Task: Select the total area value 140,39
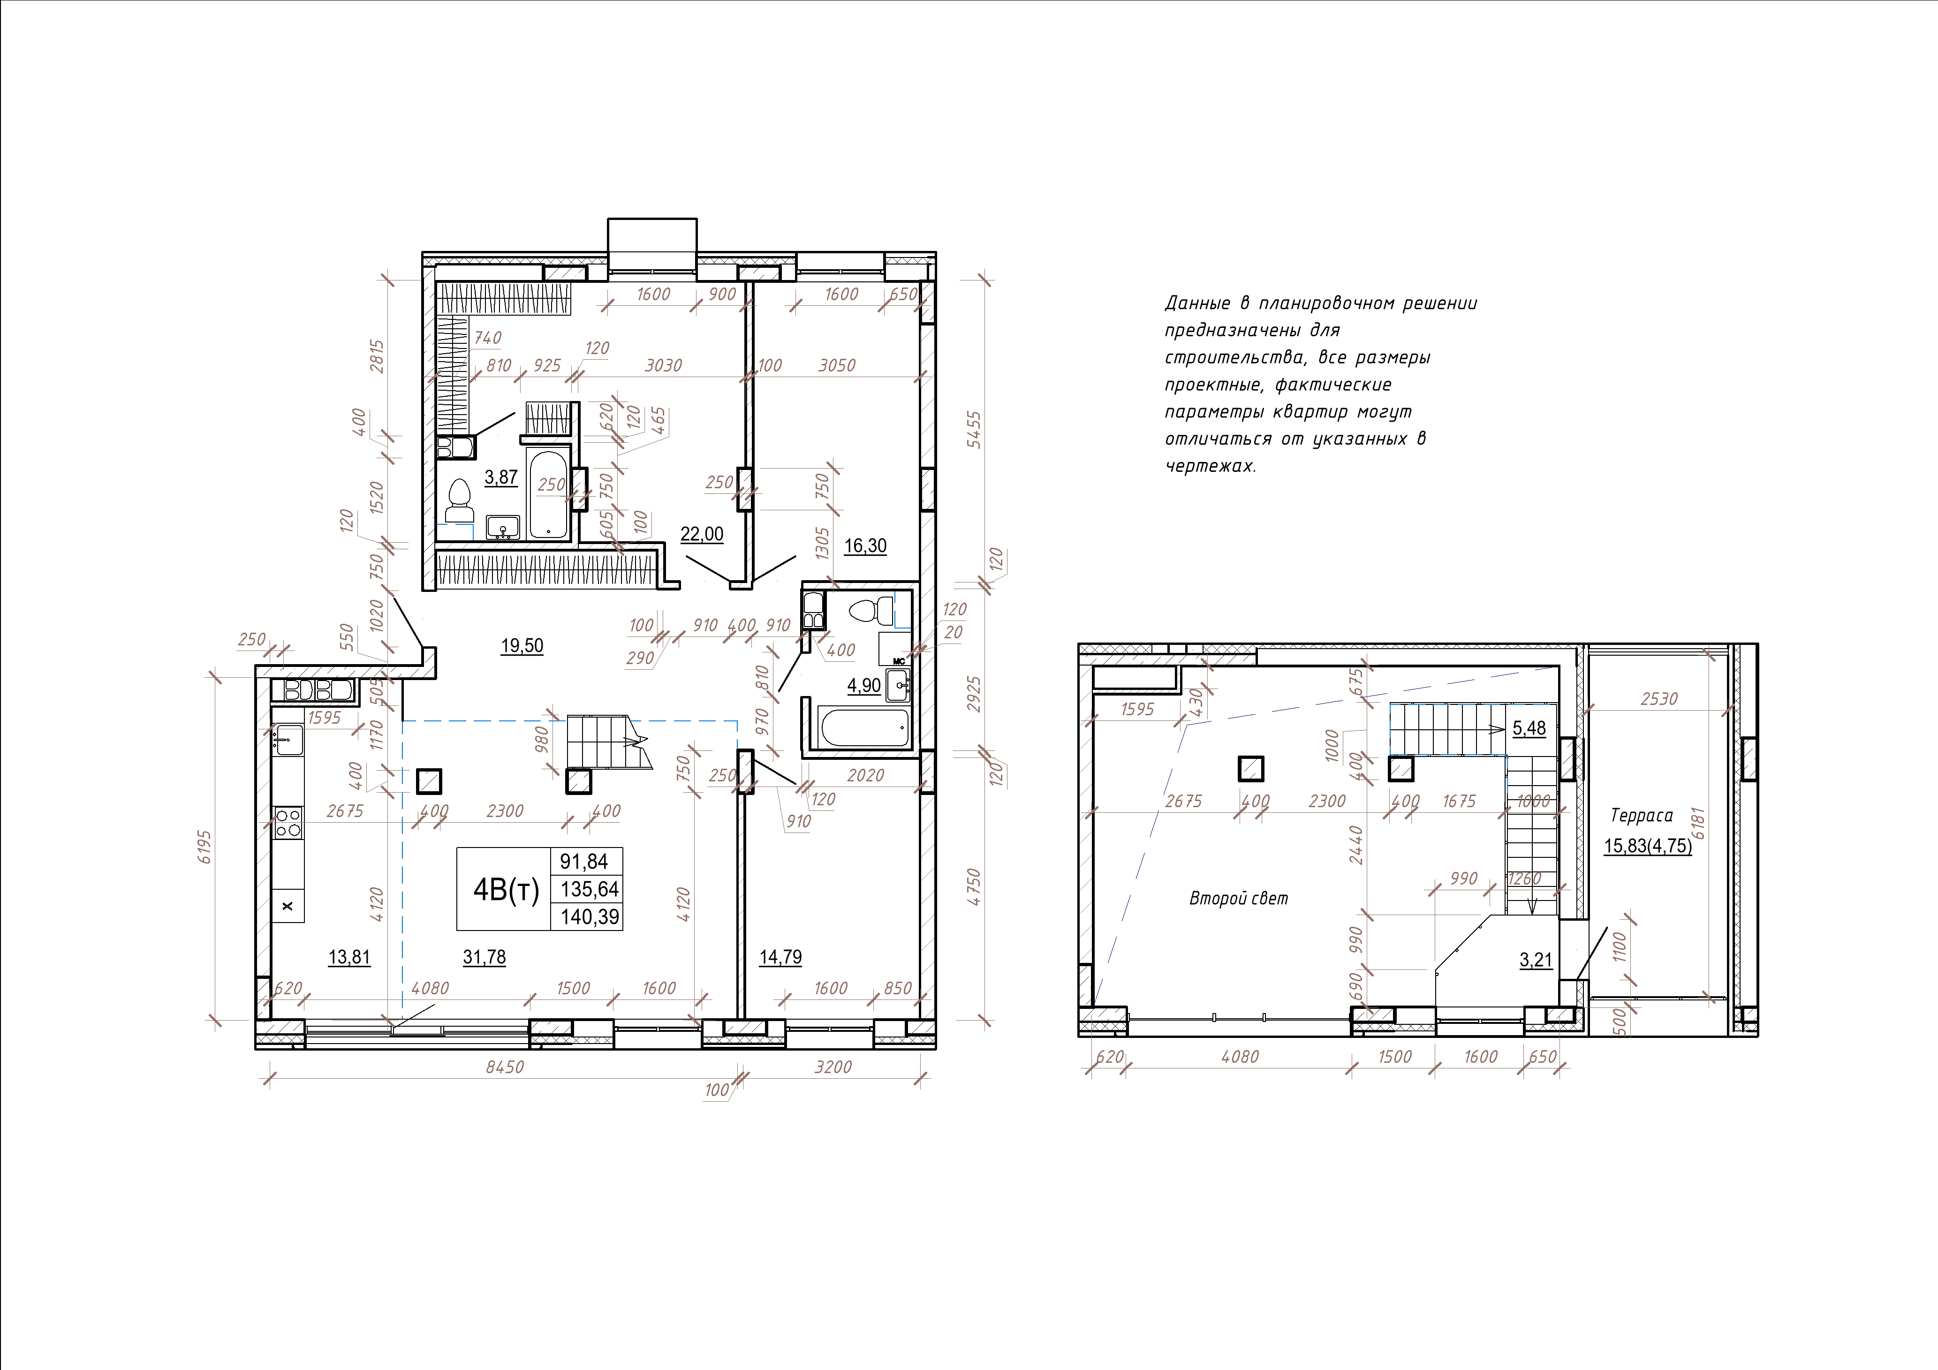click(589, 916)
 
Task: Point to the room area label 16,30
click(865, 546)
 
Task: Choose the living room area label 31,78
click(484, 957)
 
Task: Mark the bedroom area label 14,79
click(781, 957)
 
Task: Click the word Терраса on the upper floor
click(1642, 816)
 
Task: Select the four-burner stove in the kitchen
click(288, 822)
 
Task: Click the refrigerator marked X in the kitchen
click(288, 906)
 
